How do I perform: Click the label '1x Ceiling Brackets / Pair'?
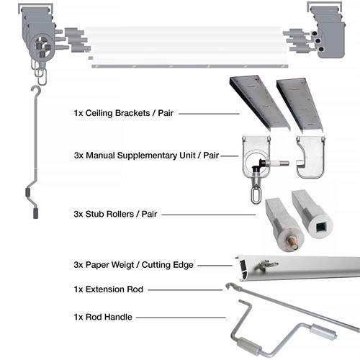[x=125, y=113]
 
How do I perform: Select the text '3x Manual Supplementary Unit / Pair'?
[x=146, y=154]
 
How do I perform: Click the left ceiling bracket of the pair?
[x=248, y=100]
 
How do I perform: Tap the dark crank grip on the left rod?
[x=31, y=194]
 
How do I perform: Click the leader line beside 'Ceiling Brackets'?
[x=210, y=114]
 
